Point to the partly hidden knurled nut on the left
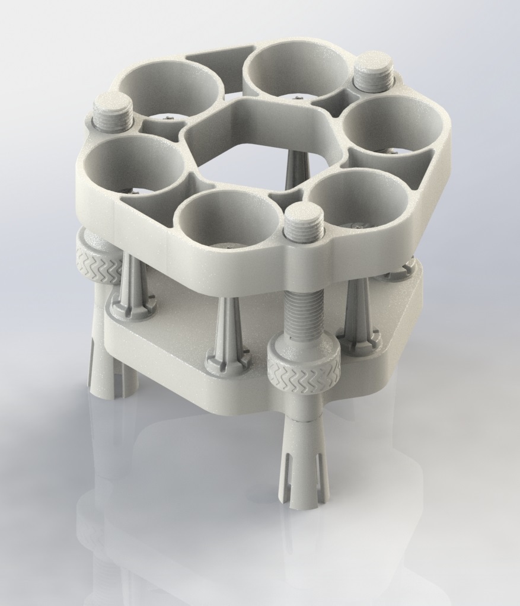[x=98, y=258]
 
